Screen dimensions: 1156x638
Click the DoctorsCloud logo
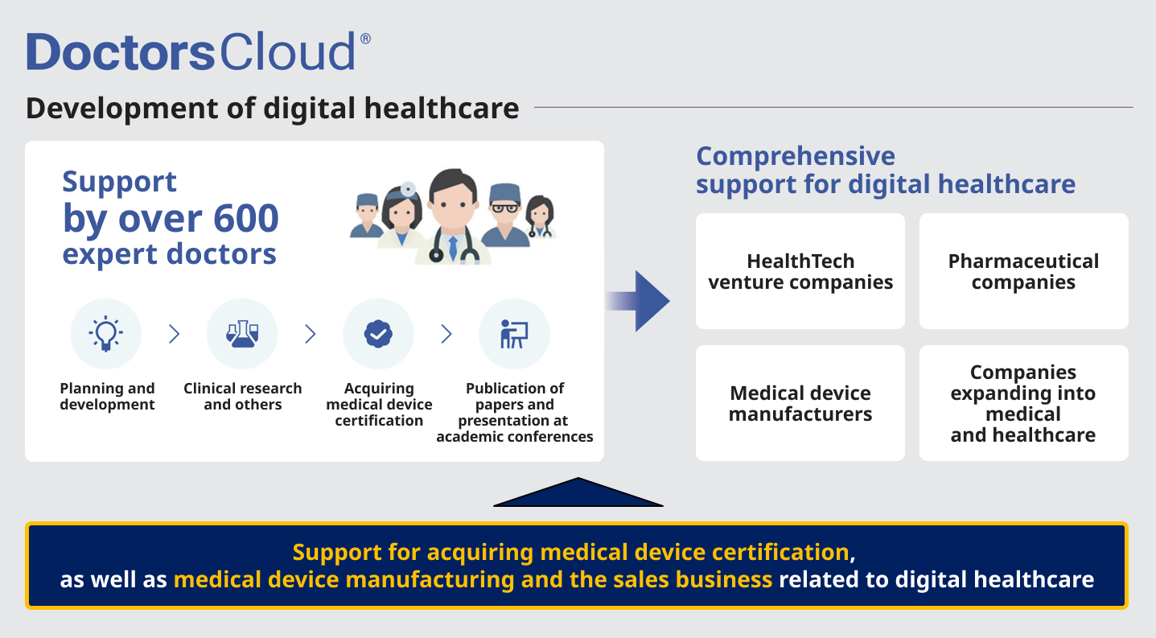198,51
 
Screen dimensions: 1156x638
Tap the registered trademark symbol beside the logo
365,39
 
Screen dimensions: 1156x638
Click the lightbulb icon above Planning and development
106,333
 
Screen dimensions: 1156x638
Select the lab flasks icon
242,333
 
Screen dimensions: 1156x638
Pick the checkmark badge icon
378,333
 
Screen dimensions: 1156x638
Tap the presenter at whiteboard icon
514,333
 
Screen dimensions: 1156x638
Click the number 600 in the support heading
245,218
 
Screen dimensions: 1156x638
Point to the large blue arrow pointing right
638,301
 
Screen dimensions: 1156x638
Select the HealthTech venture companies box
800,271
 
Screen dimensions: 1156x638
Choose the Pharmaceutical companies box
1023,271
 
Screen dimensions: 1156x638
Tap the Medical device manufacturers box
800,403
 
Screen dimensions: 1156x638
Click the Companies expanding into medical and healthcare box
1023,403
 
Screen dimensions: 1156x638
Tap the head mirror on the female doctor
408,189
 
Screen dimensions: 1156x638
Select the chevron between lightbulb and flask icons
175,334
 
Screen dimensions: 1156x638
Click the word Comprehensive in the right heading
796,156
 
